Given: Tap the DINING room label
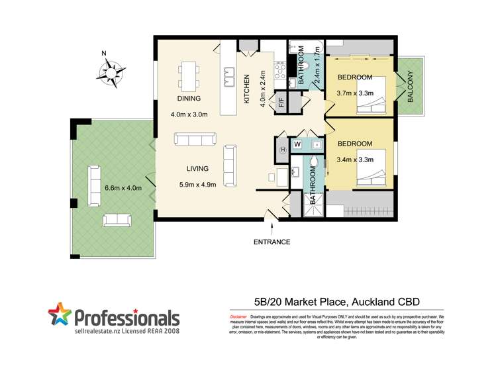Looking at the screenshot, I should click(x=189, y=99).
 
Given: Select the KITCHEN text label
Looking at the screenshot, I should click(x=246, y=89).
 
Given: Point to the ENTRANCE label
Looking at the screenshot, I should click(x=272, y=242).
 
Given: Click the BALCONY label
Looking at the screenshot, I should click(x=411, y=87).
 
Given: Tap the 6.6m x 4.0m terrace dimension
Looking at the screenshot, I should click(x=123, y=188).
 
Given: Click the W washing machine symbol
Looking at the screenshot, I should click(x=297, y=144).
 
